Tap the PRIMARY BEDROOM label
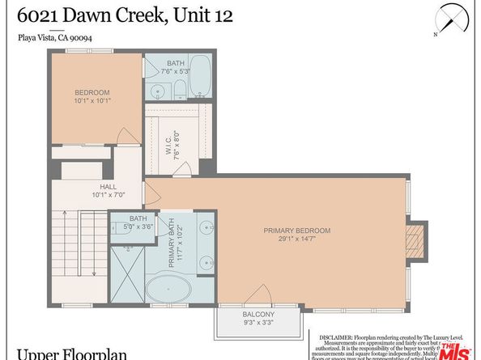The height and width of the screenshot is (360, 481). coord(297,231)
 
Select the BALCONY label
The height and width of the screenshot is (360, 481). coord(258,314)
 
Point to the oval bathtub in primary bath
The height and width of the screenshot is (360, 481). coord(170,286)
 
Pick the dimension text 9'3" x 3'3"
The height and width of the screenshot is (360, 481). coord(258,323)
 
